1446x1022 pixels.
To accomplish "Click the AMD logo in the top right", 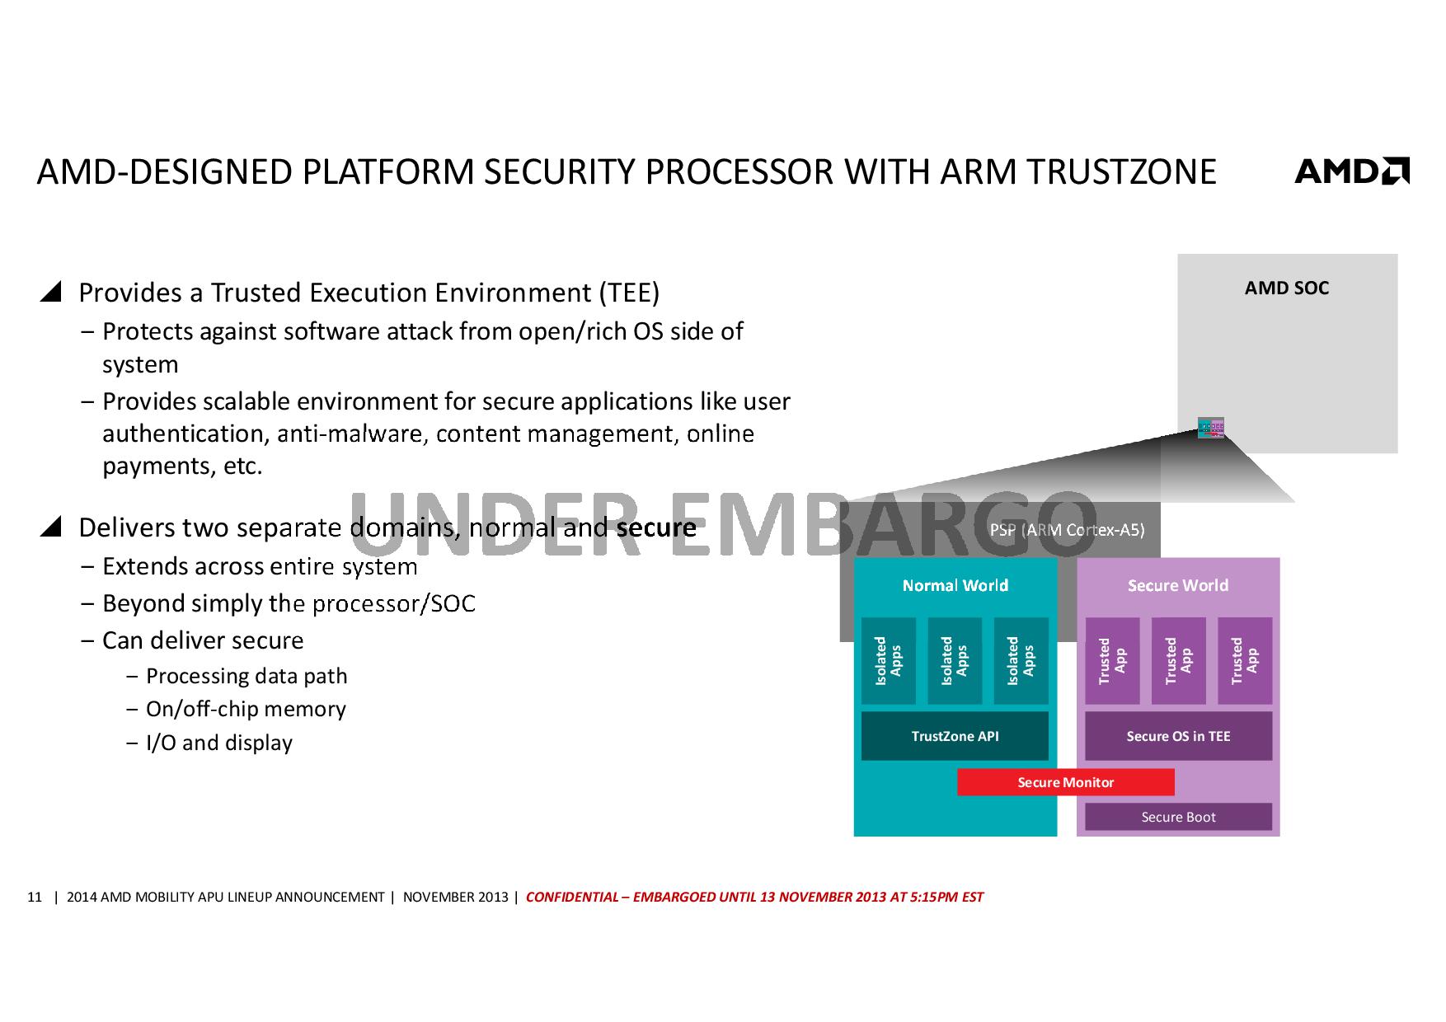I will coord(1352,171).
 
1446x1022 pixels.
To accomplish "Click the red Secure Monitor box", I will coord(1065,782).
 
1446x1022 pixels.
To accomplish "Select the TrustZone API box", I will coord(955,736).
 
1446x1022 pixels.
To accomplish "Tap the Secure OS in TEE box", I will coord(1178,736).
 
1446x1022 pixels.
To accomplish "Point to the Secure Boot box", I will coord(1178,817).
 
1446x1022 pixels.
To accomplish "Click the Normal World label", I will coord(955,585).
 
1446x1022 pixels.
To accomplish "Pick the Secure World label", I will coord(1178,585).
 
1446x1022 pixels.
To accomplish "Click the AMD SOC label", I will coord(1286,288).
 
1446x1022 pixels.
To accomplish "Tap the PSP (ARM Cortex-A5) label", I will coord(1067,530).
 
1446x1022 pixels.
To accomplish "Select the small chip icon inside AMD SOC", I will coord(1210,428).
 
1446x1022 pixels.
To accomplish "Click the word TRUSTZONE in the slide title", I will coord(1121,171).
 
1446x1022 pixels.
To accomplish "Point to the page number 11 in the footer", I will coord(35,897).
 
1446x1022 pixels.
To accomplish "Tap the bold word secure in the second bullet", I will coord(656,527).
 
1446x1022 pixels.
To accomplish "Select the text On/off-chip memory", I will coord(246,709).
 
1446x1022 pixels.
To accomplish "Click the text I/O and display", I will coord(219,743).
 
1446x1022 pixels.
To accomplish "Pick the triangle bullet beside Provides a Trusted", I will coord(51,292).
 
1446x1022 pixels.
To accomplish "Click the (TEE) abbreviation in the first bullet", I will coord(629,293).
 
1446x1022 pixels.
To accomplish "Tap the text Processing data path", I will coord(246,676).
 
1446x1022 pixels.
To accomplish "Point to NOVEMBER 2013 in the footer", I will coord(455,897).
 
